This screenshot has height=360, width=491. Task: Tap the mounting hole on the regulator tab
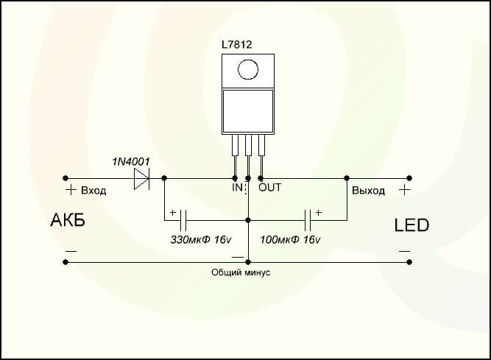[249, 70]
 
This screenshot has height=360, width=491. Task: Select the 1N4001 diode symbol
[141, 177]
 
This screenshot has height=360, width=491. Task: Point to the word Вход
[93, 191]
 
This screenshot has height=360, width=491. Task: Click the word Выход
[368, 191]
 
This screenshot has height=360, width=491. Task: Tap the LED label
[411, 225]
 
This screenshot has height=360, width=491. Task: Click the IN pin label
[237, 188]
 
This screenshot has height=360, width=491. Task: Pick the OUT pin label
[269, 188]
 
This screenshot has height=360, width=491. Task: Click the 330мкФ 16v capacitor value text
[201, 241]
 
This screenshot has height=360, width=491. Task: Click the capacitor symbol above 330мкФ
[184, 219]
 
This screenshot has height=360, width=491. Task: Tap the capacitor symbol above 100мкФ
[309, 219]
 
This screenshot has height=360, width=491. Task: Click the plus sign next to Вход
[71, 191]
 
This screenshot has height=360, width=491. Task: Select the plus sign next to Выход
[404, 189]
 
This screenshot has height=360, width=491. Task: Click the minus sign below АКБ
[71, 251]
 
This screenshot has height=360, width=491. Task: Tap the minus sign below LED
[404, 251]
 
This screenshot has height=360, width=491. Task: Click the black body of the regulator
[249, 110]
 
